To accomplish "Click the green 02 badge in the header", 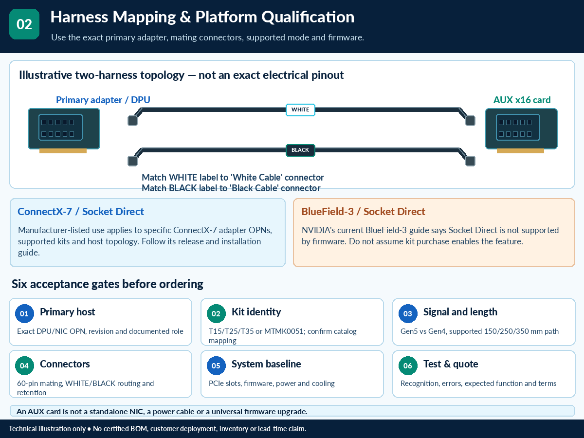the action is pos(24,24).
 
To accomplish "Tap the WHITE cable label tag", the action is pos(300,110).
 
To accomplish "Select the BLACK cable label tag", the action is pos(300,150).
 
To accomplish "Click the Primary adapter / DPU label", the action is pos(103,100).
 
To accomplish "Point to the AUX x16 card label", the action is pos(522,100).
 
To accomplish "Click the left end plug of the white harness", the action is pos(132,121).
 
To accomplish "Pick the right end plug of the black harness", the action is pos(470,161).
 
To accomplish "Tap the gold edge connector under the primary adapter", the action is pos(63,151).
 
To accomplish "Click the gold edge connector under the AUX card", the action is pos(520,151).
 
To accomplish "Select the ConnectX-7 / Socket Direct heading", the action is pos(81,212).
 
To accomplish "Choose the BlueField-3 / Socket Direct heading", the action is pos(363,212).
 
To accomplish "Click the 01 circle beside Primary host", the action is pos(24,313).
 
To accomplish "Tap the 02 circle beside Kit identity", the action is pos(216,313).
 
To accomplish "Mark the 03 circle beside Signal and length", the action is pos(408,313).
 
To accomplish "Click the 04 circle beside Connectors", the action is pos(24,365).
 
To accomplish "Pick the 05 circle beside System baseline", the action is pos(216,365).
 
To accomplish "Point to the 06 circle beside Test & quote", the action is pos(408,365).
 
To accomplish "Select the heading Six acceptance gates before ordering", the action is pos(107,284).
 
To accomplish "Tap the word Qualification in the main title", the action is pos(308,17).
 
